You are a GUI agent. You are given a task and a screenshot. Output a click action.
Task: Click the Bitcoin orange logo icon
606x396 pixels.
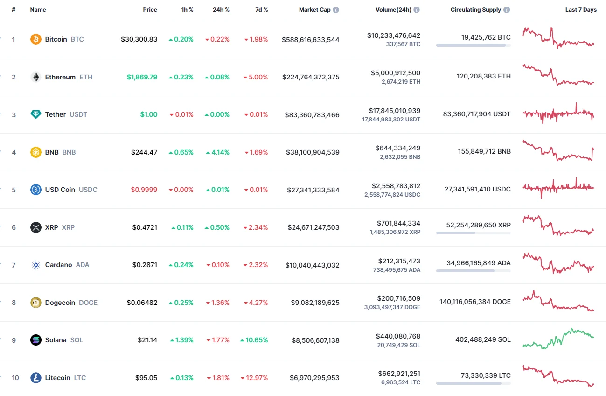36,39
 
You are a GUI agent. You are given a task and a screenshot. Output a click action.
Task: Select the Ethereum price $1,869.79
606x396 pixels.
142,77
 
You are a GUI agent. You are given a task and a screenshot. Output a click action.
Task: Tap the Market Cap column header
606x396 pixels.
314,10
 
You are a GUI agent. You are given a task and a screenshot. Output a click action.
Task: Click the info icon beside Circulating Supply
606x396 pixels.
507,10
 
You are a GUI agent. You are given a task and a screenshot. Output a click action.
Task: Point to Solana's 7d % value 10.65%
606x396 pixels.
254,340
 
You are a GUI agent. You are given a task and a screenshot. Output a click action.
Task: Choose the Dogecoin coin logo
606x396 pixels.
36,303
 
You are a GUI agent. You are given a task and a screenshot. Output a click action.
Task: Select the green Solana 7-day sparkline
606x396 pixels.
558,339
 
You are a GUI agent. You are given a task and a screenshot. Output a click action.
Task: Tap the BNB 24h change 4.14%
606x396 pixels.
217,152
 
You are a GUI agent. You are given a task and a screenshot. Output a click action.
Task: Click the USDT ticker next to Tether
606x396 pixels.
78,114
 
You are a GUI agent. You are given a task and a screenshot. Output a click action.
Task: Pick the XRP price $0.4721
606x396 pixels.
145,227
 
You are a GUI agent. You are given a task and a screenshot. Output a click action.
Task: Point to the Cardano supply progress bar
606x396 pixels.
473,271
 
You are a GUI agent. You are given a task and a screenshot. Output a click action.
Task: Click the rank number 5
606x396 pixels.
14,190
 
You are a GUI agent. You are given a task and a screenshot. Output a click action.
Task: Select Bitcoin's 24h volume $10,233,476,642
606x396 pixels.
394,35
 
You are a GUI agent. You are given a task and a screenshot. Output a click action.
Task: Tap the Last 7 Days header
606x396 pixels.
580,10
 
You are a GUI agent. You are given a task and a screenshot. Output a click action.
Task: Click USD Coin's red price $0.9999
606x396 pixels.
144,190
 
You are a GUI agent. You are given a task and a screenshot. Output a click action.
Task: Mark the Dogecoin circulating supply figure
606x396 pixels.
475,302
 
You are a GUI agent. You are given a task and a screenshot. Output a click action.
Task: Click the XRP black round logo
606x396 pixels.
36,227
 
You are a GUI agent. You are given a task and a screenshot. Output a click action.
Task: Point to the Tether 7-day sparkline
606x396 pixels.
558,113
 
